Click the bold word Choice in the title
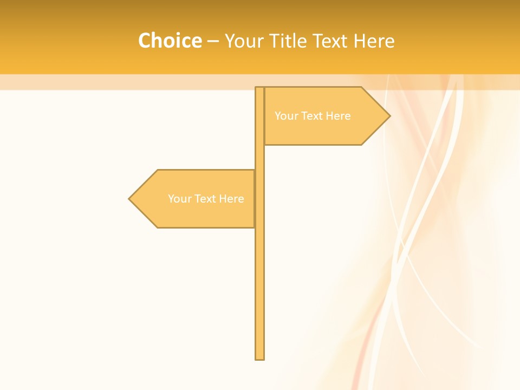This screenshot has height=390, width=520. pyautogui.click(x=170, y=41)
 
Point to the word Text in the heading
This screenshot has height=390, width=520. pyautogui.click(x=331, y=41)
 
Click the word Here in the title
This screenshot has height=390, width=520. pyautogui.click(x=374, y=41)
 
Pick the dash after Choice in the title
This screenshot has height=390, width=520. pyautogui.click(x=213, y=42)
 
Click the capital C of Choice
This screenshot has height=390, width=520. pyautogui.click(x=145, y=41)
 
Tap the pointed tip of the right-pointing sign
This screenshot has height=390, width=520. pyautogui.click(x=389, y=115)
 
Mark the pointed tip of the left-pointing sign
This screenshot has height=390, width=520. pyautogui.click(x=130, y=199)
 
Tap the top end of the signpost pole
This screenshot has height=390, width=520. pyautogui.click(x=259, y=88)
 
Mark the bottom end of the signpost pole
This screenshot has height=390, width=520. pyautogui.click(x=259, y=358)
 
